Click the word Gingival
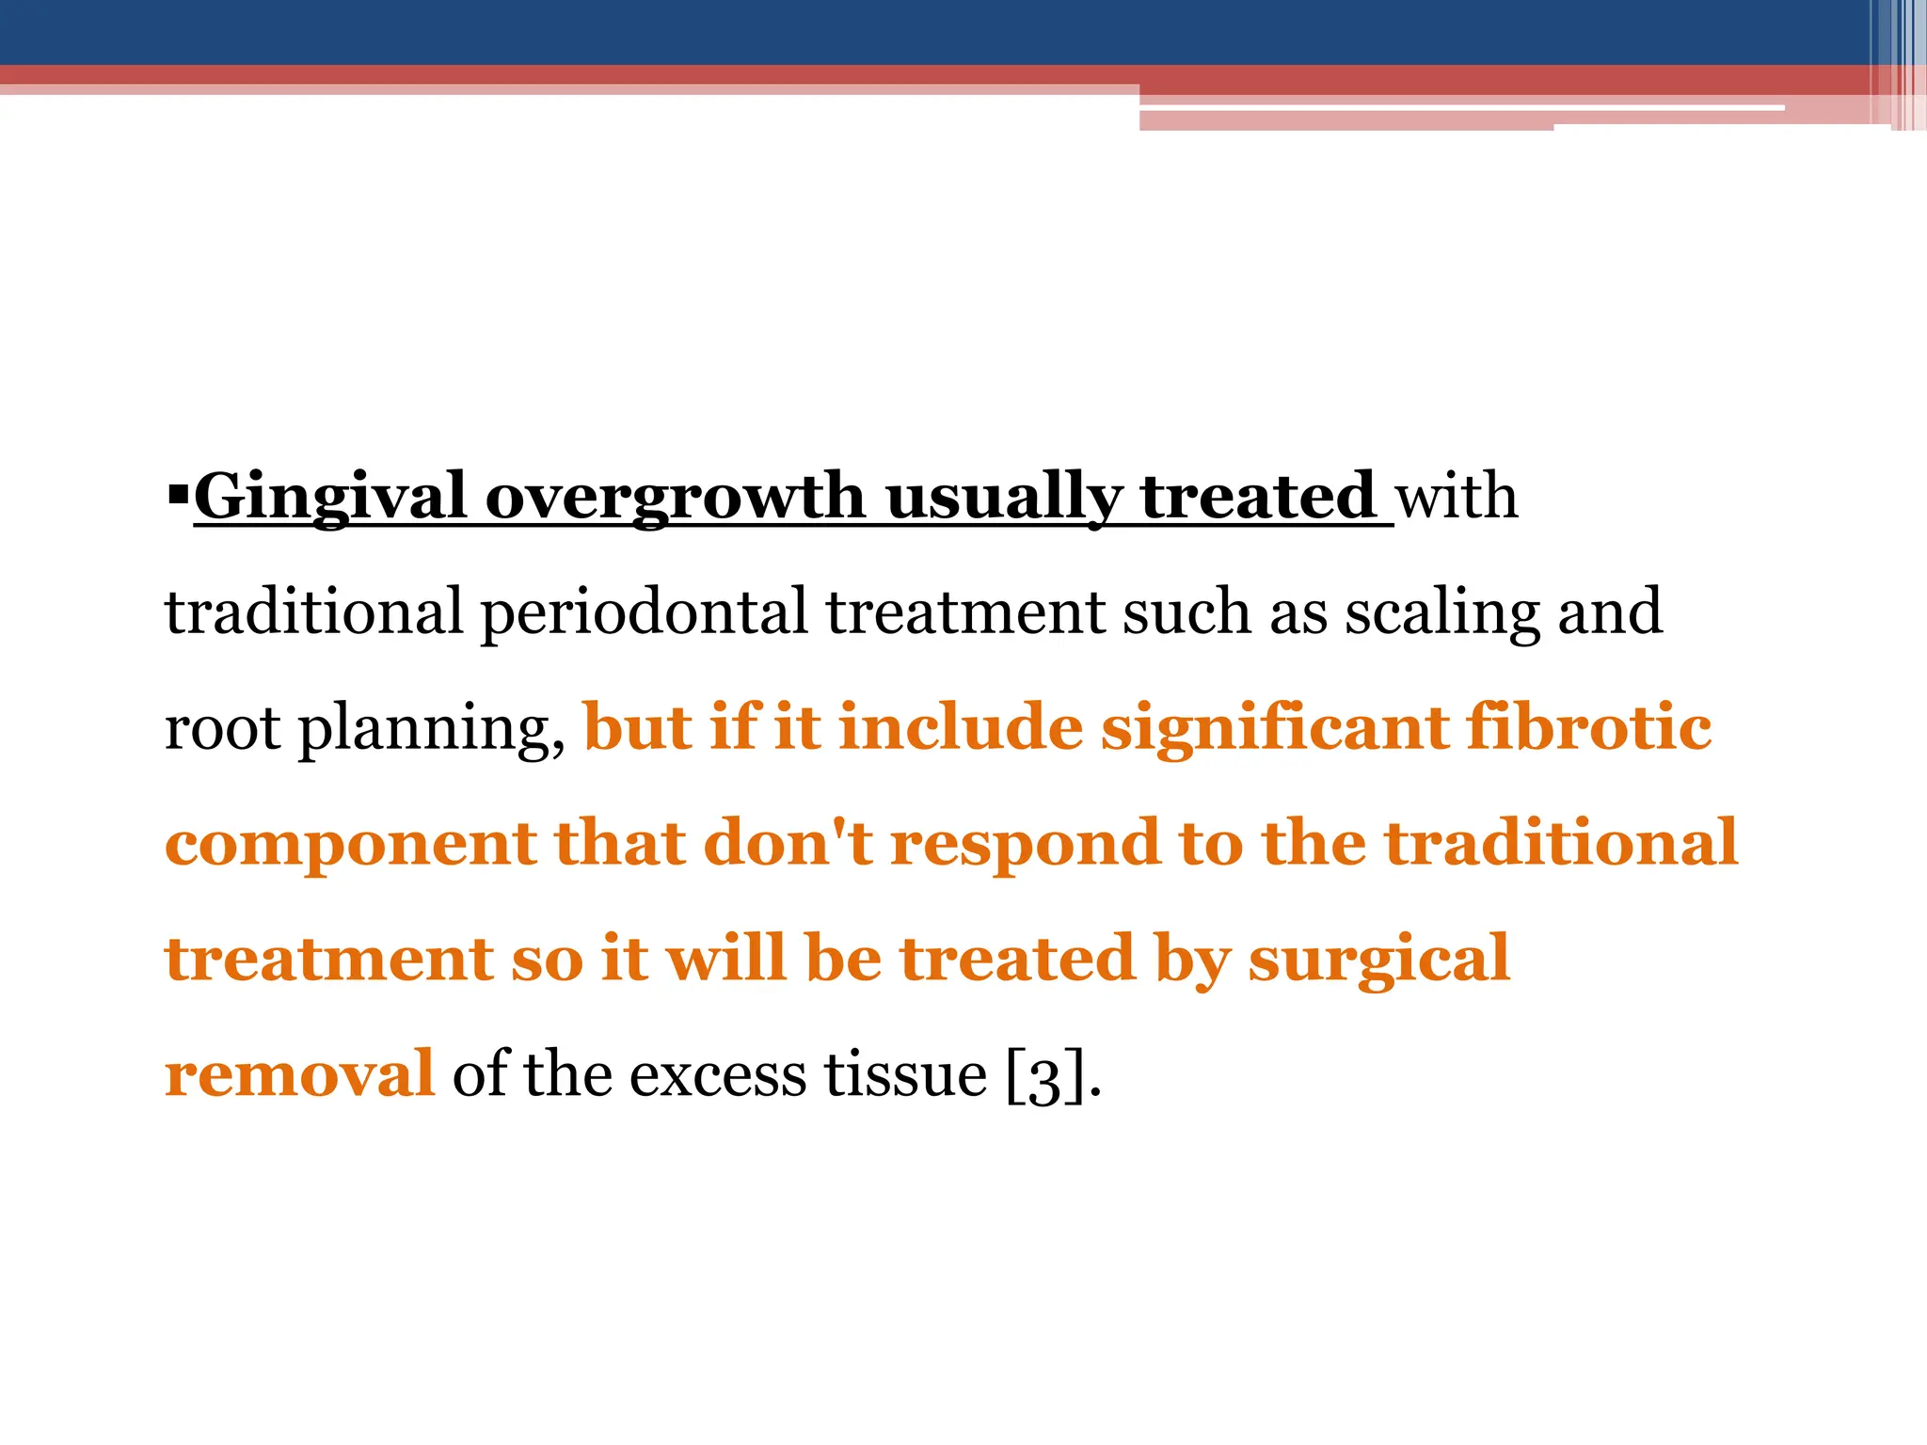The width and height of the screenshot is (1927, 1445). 329,497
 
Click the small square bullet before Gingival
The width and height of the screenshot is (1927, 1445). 177,491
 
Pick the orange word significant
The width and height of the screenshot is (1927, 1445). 1274,728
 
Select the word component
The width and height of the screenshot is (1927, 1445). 350,845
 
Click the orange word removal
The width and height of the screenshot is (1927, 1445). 299,1074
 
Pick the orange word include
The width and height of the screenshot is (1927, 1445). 960,728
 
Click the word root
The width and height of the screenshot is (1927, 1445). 222,730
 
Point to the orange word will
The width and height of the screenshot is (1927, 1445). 725,959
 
